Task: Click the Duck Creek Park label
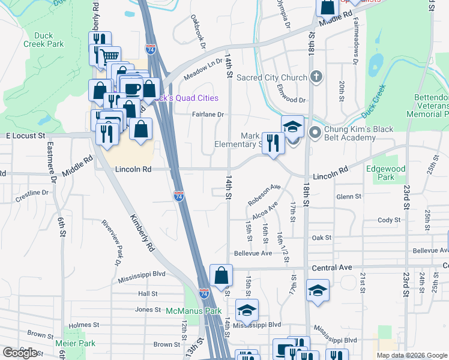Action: pyautogui.click(x=49, y=40)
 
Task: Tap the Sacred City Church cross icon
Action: pyautogui.click(x=317, y=77)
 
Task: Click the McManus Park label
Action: pyautogui.click(x=194, y=311)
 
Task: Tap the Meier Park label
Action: pyautogui.click(x=75, y=343)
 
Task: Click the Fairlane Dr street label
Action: pyautogui.click(x=208, y=115)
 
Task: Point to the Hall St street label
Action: pyautogui.click(x=147, y=294)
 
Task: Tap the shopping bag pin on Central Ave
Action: pyautogui.click(x=221, y=276)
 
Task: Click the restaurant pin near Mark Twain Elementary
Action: pyautogui.click(x=273, y=143)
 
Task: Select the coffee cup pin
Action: pyautogui.click(x=133, y=88)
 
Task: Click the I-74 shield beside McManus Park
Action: pyautogui.click(x=204, y=293)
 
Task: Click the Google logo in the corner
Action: pyautogui.click(x=20, y=353)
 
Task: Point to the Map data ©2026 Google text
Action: pyautogui.click(x=411, y=355)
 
